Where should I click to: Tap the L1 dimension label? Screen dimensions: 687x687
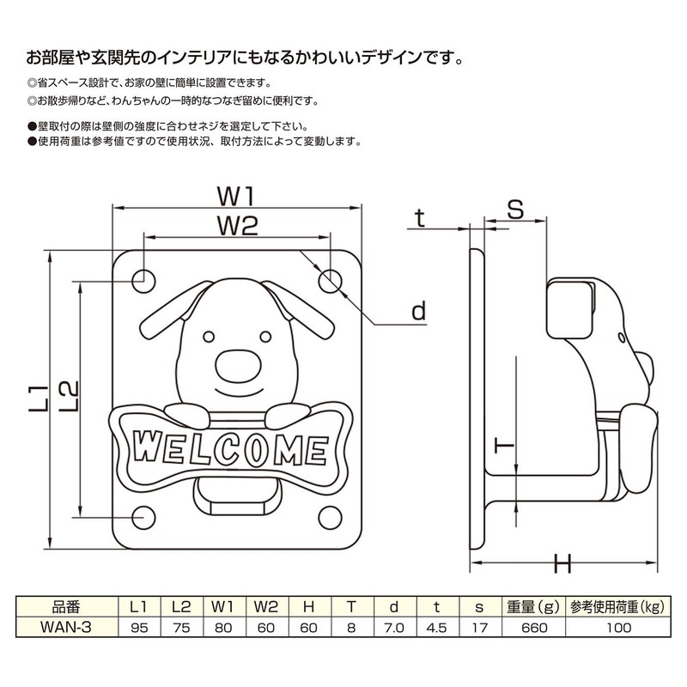[x=37, y=402]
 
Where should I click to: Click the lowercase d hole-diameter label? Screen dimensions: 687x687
[x=417, y=311]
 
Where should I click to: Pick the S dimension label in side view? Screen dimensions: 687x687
[x=514, y=209]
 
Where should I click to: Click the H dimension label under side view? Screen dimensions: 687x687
[x=563, y=564]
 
